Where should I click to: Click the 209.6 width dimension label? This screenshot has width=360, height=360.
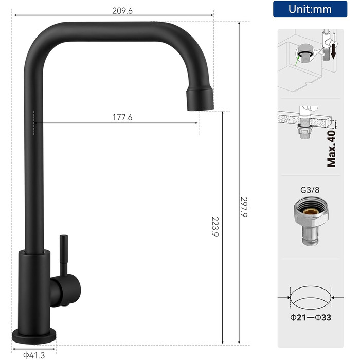tap(122, 11)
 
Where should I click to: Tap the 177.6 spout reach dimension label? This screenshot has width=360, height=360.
tap(122, 117)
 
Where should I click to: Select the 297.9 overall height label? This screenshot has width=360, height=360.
tap(244, 207)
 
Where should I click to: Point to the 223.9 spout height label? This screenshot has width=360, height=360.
tap(215, 226)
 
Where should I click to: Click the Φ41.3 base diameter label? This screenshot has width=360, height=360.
tap(34, 355)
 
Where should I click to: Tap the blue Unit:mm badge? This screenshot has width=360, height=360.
tap(310, 9)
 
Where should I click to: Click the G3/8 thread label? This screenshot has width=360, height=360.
tap(310, 190)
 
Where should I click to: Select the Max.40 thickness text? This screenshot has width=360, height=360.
tap(331, 149)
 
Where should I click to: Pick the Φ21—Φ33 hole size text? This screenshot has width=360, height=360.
tap(311, 317)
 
